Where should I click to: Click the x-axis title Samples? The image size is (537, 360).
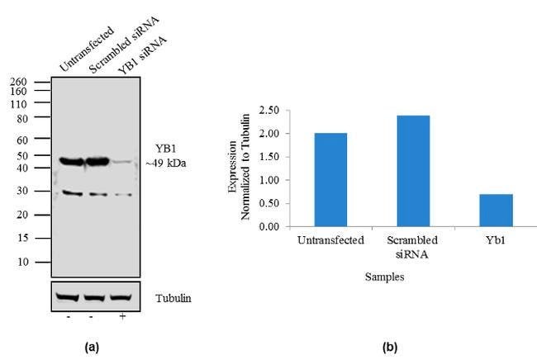point(384,278)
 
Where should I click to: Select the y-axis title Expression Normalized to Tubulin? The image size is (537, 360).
point(239,179)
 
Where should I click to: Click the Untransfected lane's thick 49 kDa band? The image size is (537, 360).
point(69,162)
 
